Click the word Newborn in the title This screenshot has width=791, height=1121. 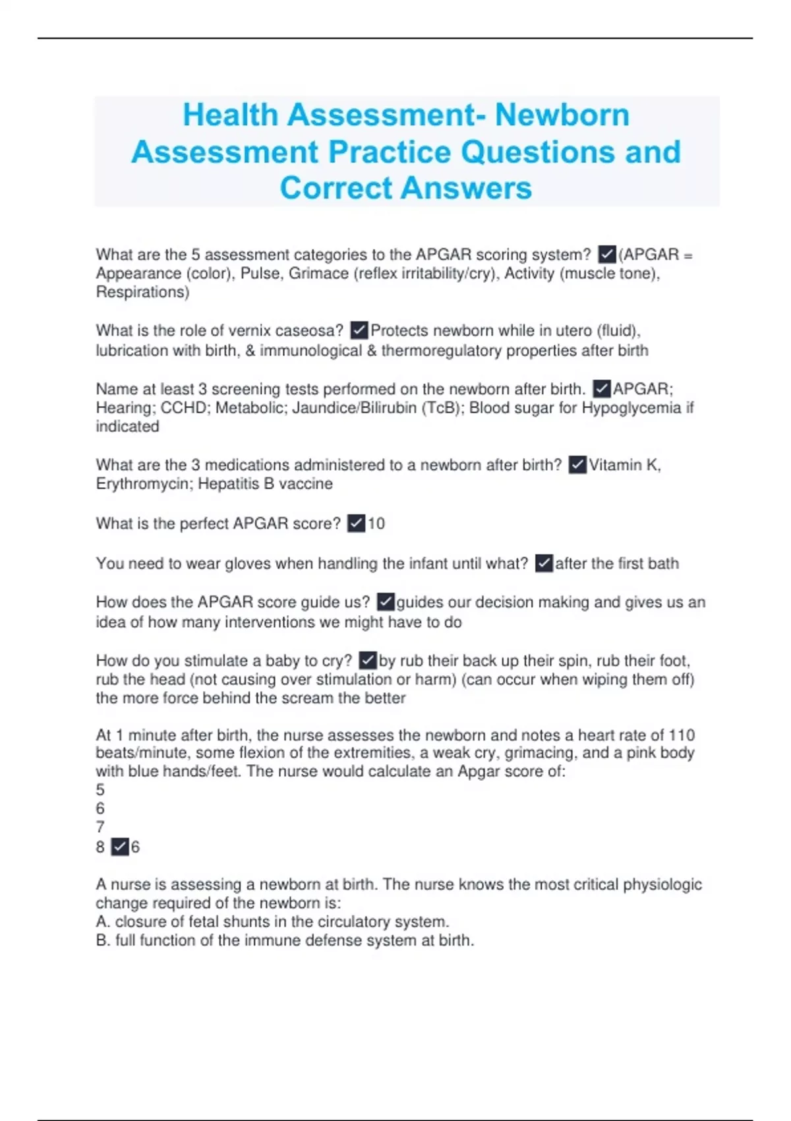click(562, 115)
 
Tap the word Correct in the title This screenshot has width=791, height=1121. click(336, 188)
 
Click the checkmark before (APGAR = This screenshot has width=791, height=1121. click(606, 254)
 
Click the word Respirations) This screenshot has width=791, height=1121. click(142, 292)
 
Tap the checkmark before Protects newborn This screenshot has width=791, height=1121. click(359, 330)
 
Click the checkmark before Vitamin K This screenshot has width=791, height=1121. click(577, 465)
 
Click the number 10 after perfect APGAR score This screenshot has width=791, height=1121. click(376, 524)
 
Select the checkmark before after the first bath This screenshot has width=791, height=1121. click(544, 563)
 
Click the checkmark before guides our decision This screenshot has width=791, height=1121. click(386, 602)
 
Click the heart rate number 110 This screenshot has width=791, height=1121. click(682, 735)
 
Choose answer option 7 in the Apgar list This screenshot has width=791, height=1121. click(100, 827)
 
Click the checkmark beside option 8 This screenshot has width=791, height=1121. click(120, 847)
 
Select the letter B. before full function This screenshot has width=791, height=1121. click(103, 940)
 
